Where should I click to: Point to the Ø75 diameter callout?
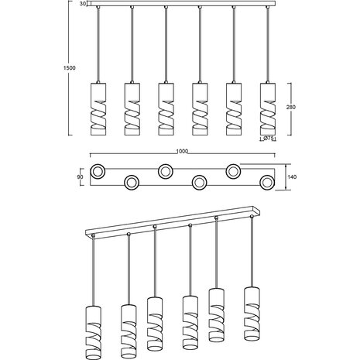[269, 139]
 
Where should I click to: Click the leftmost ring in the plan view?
[98, 170]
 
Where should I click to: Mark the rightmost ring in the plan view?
[267, 182]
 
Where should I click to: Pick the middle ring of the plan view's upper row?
[166, 170]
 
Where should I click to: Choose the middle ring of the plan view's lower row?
[199, 182]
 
